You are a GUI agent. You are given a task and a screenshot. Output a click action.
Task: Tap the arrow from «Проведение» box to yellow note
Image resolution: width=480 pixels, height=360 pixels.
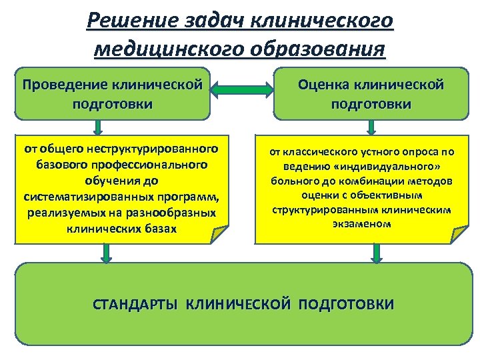pyautogui.click(x=97, y=127)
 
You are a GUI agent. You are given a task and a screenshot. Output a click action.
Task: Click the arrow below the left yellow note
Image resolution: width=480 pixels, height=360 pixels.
pyautogui.click(x=105, y=253)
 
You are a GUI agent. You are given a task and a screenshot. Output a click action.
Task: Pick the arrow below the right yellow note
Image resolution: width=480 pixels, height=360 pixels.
pyautogui.click(x=375, y=253)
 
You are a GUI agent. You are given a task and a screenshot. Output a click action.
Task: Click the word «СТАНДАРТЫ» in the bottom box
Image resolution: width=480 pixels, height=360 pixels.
pyautogui.click(x=135, y=305)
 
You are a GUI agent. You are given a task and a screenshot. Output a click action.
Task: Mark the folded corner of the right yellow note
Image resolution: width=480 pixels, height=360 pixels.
pyautogui.click(x=460, y=235)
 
